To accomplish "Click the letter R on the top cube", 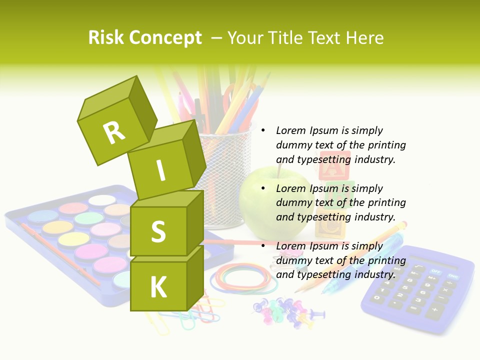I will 114,132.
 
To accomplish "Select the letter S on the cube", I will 158,231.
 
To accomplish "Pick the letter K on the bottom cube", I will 158,287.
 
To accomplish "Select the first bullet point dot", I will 263,130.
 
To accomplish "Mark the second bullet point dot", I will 263,188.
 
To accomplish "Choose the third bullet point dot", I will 263,246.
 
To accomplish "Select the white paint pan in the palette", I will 102,200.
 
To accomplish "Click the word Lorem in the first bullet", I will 290,130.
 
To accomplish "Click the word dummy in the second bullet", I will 293,202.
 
